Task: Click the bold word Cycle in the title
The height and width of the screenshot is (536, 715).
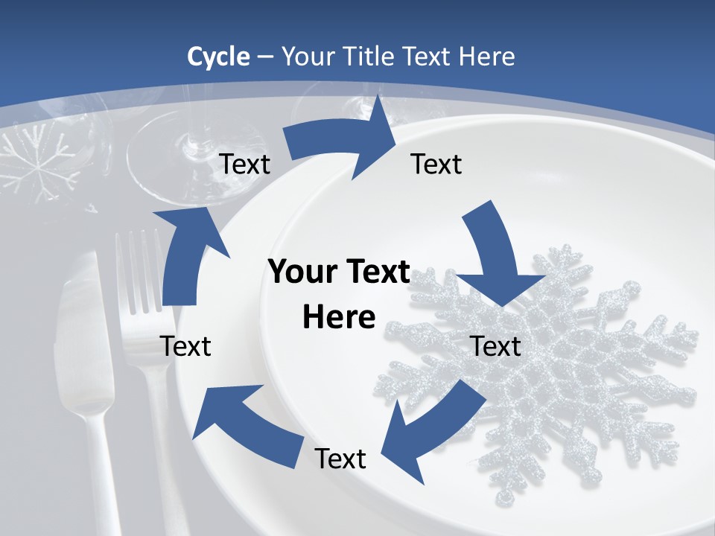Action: [x=218, y=57]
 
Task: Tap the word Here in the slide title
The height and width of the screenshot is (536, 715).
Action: [x=488, y=57]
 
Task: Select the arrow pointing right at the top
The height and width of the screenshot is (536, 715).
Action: [x=343, y=138]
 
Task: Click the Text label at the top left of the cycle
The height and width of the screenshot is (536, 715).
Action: [x=245, y=165]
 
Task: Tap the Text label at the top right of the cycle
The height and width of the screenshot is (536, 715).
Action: [x=436, y=165]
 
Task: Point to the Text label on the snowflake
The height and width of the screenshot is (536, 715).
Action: [x=495, y=346]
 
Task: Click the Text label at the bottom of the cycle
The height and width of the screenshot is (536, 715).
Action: [x=340, y=459]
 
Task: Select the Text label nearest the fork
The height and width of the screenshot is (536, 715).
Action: [x=186, y=346]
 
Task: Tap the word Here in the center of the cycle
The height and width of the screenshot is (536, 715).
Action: [x=339, y=318]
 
